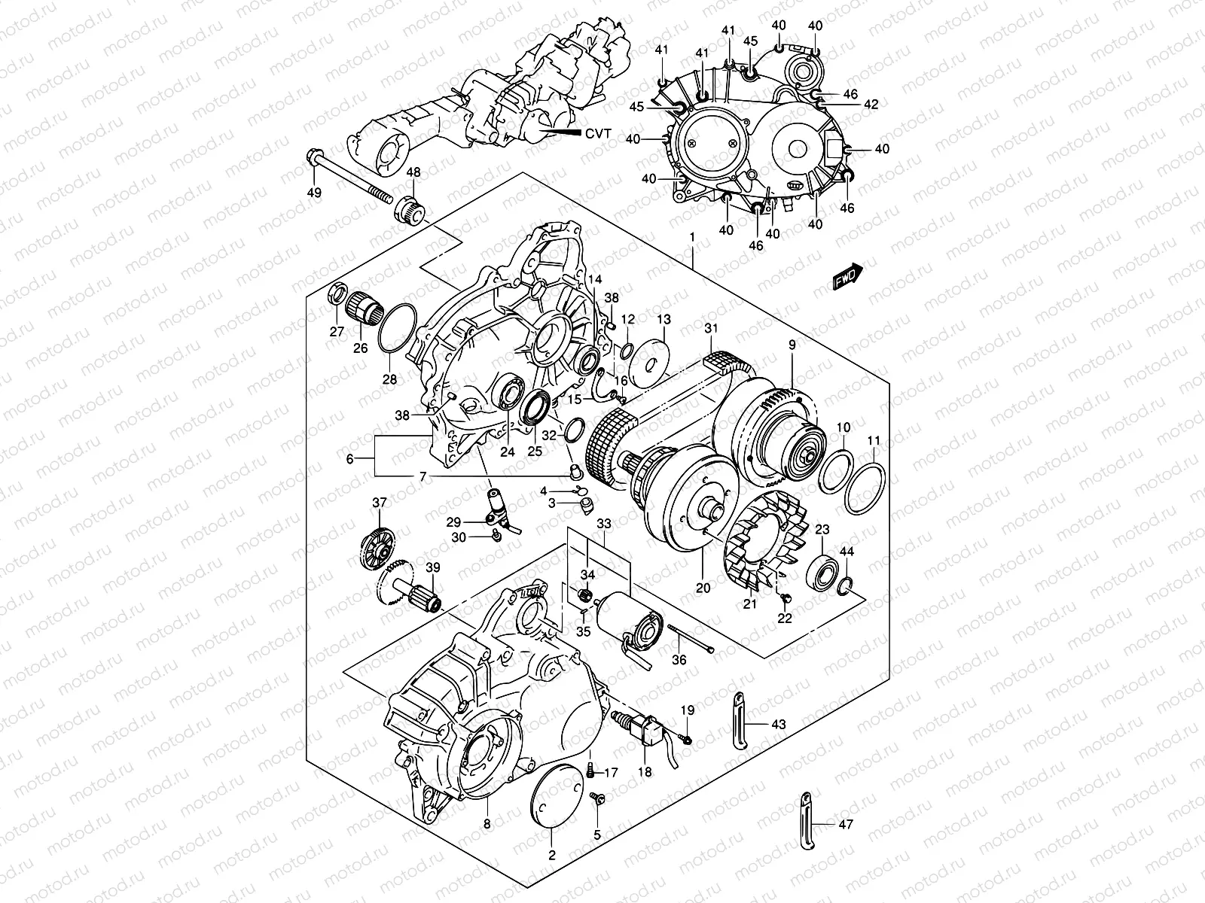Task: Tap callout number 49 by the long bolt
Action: coord(314,193)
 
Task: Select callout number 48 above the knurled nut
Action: coord(413,173)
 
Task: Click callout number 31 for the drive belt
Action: coord(712,328)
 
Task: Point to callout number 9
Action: coord(792,345)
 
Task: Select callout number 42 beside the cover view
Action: coord(871,105)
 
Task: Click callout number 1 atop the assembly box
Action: coord(691,238)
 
